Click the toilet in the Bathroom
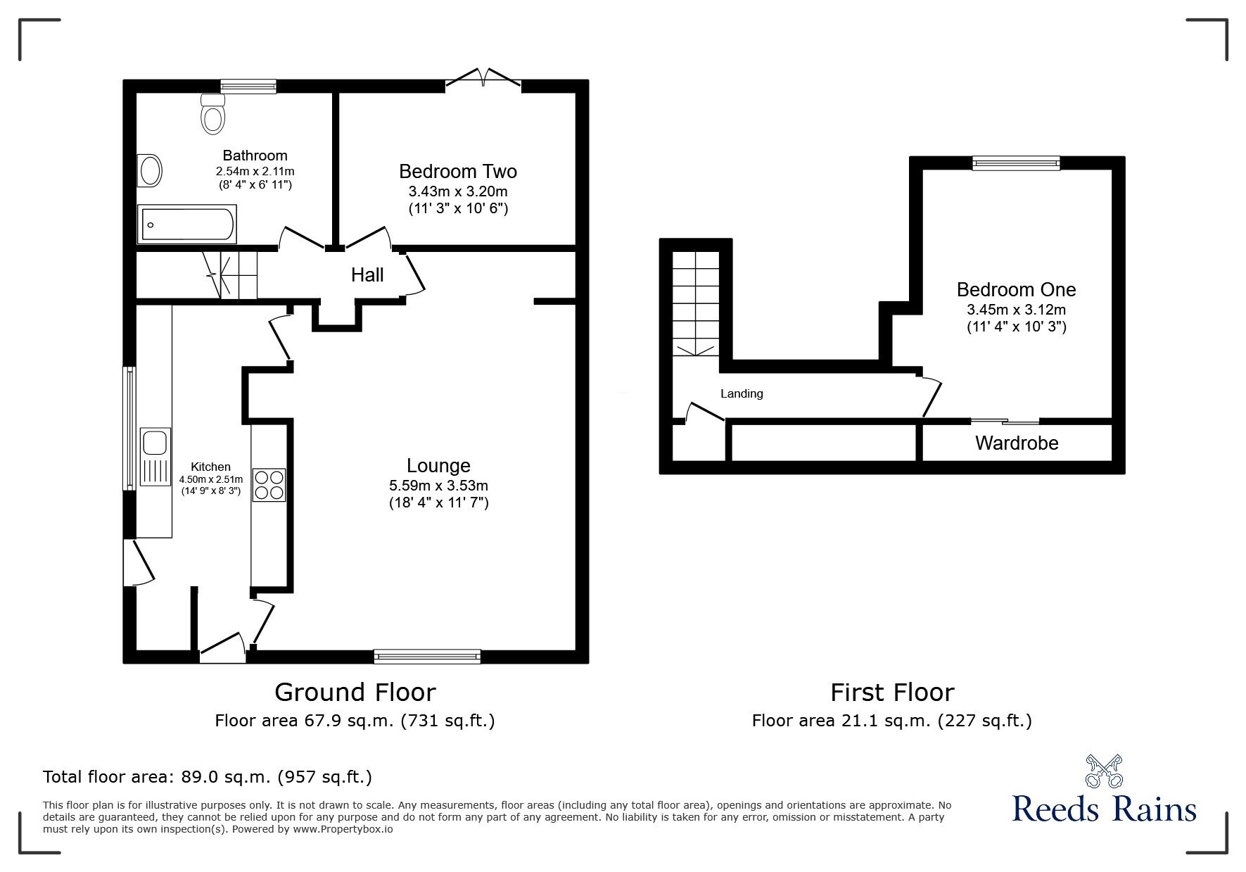coord(213,114)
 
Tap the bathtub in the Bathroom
coord(187,225)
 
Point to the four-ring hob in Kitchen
coord(269,484)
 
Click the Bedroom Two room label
coord(457,172)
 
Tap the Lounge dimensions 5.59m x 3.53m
coord(438,486)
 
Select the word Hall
coord(367,275)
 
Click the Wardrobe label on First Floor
coord(1016,443)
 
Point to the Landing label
coord(742,394)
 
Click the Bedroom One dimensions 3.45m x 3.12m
coord(1016,310)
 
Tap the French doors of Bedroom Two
coord(483,79)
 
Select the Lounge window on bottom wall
coord(427,657)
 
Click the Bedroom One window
coord(1015,163)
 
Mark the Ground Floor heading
coord(355,693)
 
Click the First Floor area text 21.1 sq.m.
coord(891,721)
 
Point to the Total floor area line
coord(208,777)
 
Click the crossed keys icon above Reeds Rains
coord(1104,771)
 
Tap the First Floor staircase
coord(696,303)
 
